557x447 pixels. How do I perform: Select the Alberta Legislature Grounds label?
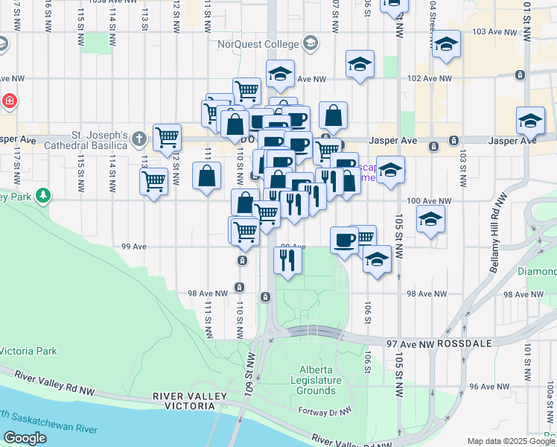[x=316, y=380]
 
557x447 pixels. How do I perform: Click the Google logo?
[x=25, y=438]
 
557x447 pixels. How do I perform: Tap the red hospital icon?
[x=7, y=101]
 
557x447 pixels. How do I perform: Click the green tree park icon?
[x=44, y=196]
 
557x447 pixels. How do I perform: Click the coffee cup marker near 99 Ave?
[x=343, y=239]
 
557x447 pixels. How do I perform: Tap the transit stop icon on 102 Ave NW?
[x=520, y=75]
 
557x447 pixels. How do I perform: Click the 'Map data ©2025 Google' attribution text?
[x=511, y=441]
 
